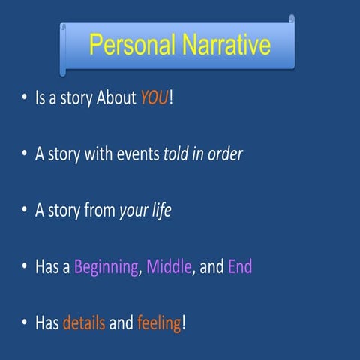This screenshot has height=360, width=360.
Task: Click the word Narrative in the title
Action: point(223,46)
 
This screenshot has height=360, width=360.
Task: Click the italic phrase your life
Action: point(145,211)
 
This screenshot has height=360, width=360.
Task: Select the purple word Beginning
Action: point(106,267)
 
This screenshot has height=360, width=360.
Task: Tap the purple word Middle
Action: point(168,266)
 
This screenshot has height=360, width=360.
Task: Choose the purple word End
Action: point(240,266)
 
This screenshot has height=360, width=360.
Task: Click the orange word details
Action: point(84,323)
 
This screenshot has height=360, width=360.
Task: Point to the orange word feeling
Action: point(159,323)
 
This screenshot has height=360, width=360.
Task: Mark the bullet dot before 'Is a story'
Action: point(25,100)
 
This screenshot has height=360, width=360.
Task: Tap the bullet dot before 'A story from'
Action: point(25,211)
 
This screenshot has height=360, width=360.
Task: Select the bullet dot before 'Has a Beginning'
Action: point(25,267)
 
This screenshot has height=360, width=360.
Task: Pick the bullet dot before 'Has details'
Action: point(25,323)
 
